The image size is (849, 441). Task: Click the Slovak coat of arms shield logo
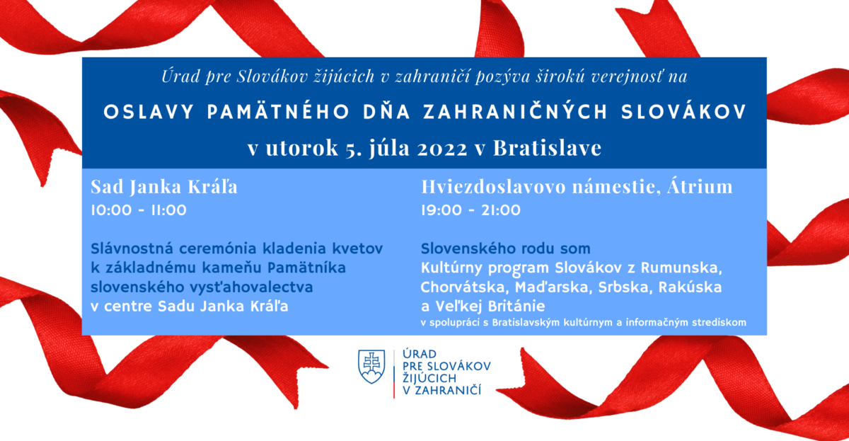371,366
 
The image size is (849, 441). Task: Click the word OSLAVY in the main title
149,113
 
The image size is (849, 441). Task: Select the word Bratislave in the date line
547,147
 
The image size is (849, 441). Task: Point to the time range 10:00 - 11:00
139,210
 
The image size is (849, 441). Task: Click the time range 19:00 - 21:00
470,210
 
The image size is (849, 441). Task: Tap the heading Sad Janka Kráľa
164,186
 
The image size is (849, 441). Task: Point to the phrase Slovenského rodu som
506,248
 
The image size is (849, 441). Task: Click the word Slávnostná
132,248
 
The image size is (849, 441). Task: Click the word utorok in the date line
301,148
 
